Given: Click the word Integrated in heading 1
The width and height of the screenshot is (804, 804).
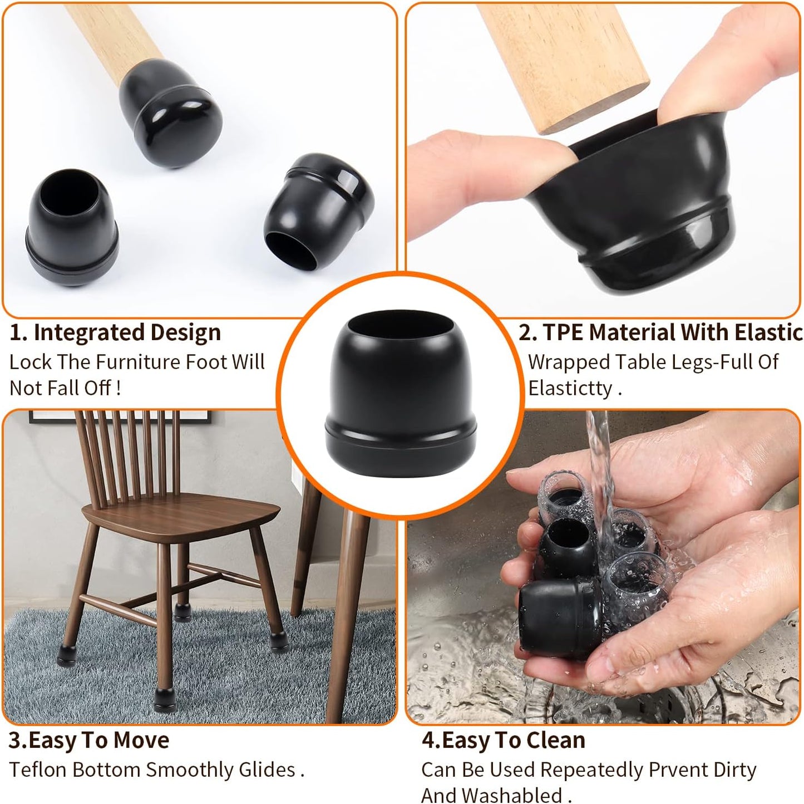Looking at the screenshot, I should (85, 333).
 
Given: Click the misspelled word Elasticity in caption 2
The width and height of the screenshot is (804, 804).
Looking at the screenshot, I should (570, 388).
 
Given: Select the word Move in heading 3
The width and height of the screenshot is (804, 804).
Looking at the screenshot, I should (143, 741).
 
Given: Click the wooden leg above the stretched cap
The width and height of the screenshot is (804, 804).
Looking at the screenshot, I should (562, 61).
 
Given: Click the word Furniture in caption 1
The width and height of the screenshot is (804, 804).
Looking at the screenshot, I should (134, 362).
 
